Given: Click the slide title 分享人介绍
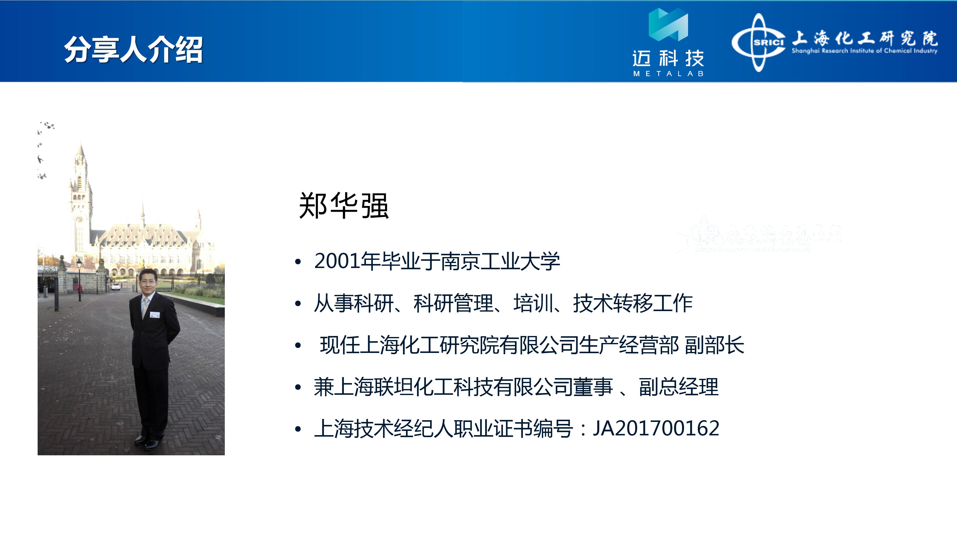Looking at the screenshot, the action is [x=134, y=50].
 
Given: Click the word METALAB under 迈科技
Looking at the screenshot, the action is [x=668, y=73].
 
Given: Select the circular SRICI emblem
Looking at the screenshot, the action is [x=759, y=43].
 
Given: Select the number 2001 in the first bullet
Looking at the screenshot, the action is [x=337, y=261].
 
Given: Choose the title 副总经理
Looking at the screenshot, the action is [x=679, y=387].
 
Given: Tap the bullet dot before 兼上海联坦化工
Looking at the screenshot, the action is [x=298, y=388].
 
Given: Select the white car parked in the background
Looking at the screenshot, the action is [x=116, y=286].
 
